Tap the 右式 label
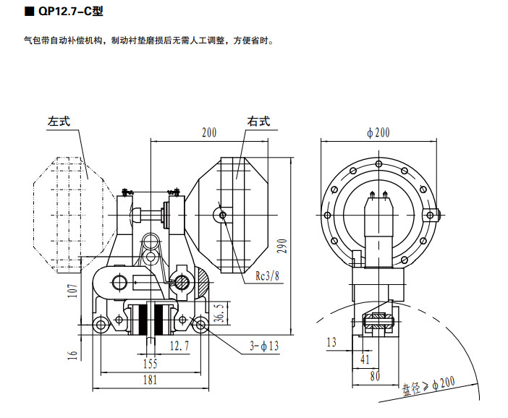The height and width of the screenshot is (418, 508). click(x=258, y=121)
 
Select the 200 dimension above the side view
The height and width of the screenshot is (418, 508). click(x=209, y=132)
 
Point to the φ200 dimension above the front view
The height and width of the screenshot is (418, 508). click(x=378, y=132)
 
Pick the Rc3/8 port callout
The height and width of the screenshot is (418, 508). click(x=268, y=276)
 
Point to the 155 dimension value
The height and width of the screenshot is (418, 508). click(x=150, y=363)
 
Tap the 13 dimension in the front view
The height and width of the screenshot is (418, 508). click(x=332, y=342)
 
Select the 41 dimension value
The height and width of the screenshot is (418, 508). click(x=365, y=358)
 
